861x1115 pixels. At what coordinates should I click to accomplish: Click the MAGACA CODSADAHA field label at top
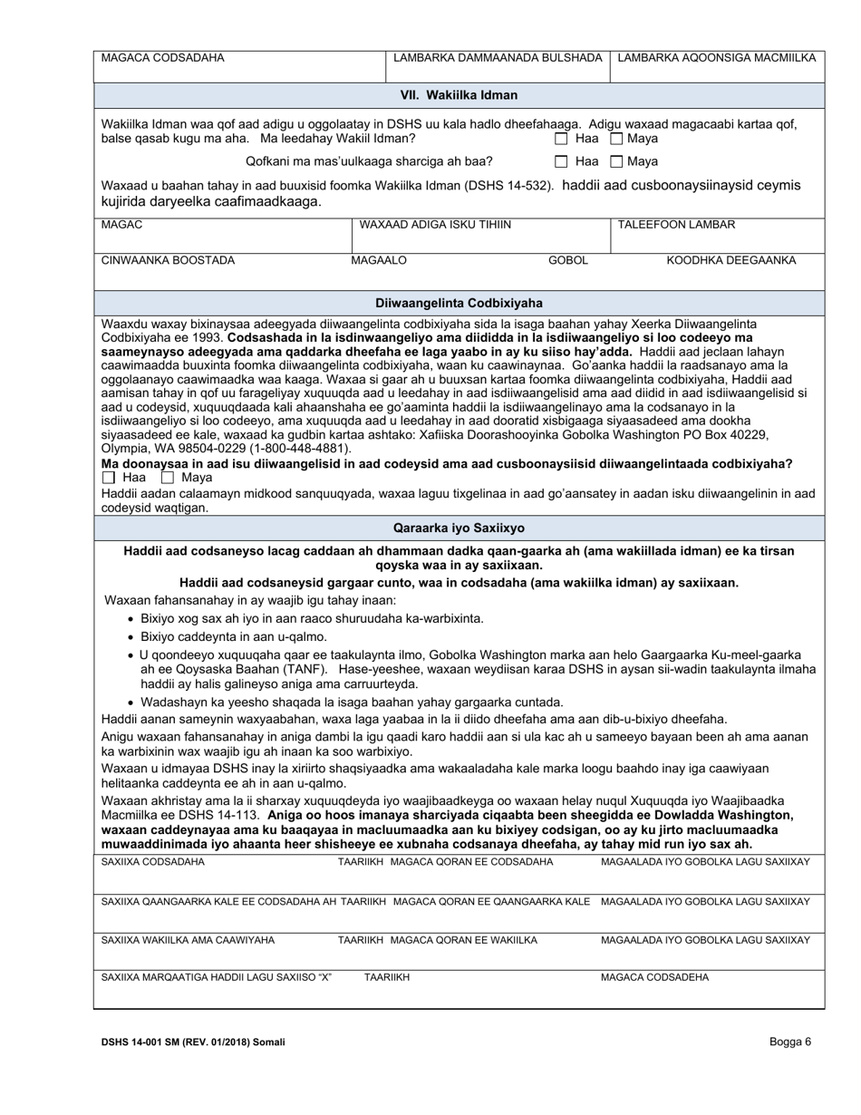coord(162,58)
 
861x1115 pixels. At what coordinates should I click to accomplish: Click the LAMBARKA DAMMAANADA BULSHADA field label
coord(498,58)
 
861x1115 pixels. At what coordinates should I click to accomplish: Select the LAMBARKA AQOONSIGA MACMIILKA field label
coord(716,58)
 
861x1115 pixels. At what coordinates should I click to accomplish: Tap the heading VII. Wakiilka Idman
coord(460,94)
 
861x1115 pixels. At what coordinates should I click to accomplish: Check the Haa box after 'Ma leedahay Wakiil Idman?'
coord(562,140)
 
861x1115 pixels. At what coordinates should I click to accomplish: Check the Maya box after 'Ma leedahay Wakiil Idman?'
coord(616,140)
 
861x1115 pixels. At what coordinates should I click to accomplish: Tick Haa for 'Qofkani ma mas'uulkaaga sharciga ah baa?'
coord(562,162)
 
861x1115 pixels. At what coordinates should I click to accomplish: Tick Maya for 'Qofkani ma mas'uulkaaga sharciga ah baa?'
coord(616,162)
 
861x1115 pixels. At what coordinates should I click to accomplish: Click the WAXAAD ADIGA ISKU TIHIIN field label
coord(435,225)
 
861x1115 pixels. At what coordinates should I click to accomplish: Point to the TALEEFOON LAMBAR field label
coord(676,225)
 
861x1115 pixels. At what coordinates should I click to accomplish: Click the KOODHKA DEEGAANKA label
coord(731,261)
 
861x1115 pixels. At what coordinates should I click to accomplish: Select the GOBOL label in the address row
coord(568,261)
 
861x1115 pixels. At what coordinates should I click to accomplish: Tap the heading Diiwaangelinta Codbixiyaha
coord(460,303)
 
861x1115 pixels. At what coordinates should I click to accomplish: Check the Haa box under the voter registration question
coord(110,478)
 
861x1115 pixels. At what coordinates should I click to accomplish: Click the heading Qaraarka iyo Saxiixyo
coord(460,528)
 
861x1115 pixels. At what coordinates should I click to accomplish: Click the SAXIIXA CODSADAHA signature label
coord(153,862)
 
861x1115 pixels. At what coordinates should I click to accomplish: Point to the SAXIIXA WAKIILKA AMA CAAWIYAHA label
coord(188,940)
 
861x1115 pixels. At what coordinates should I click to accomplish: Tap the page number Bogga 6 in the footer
coord(790,1042)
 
